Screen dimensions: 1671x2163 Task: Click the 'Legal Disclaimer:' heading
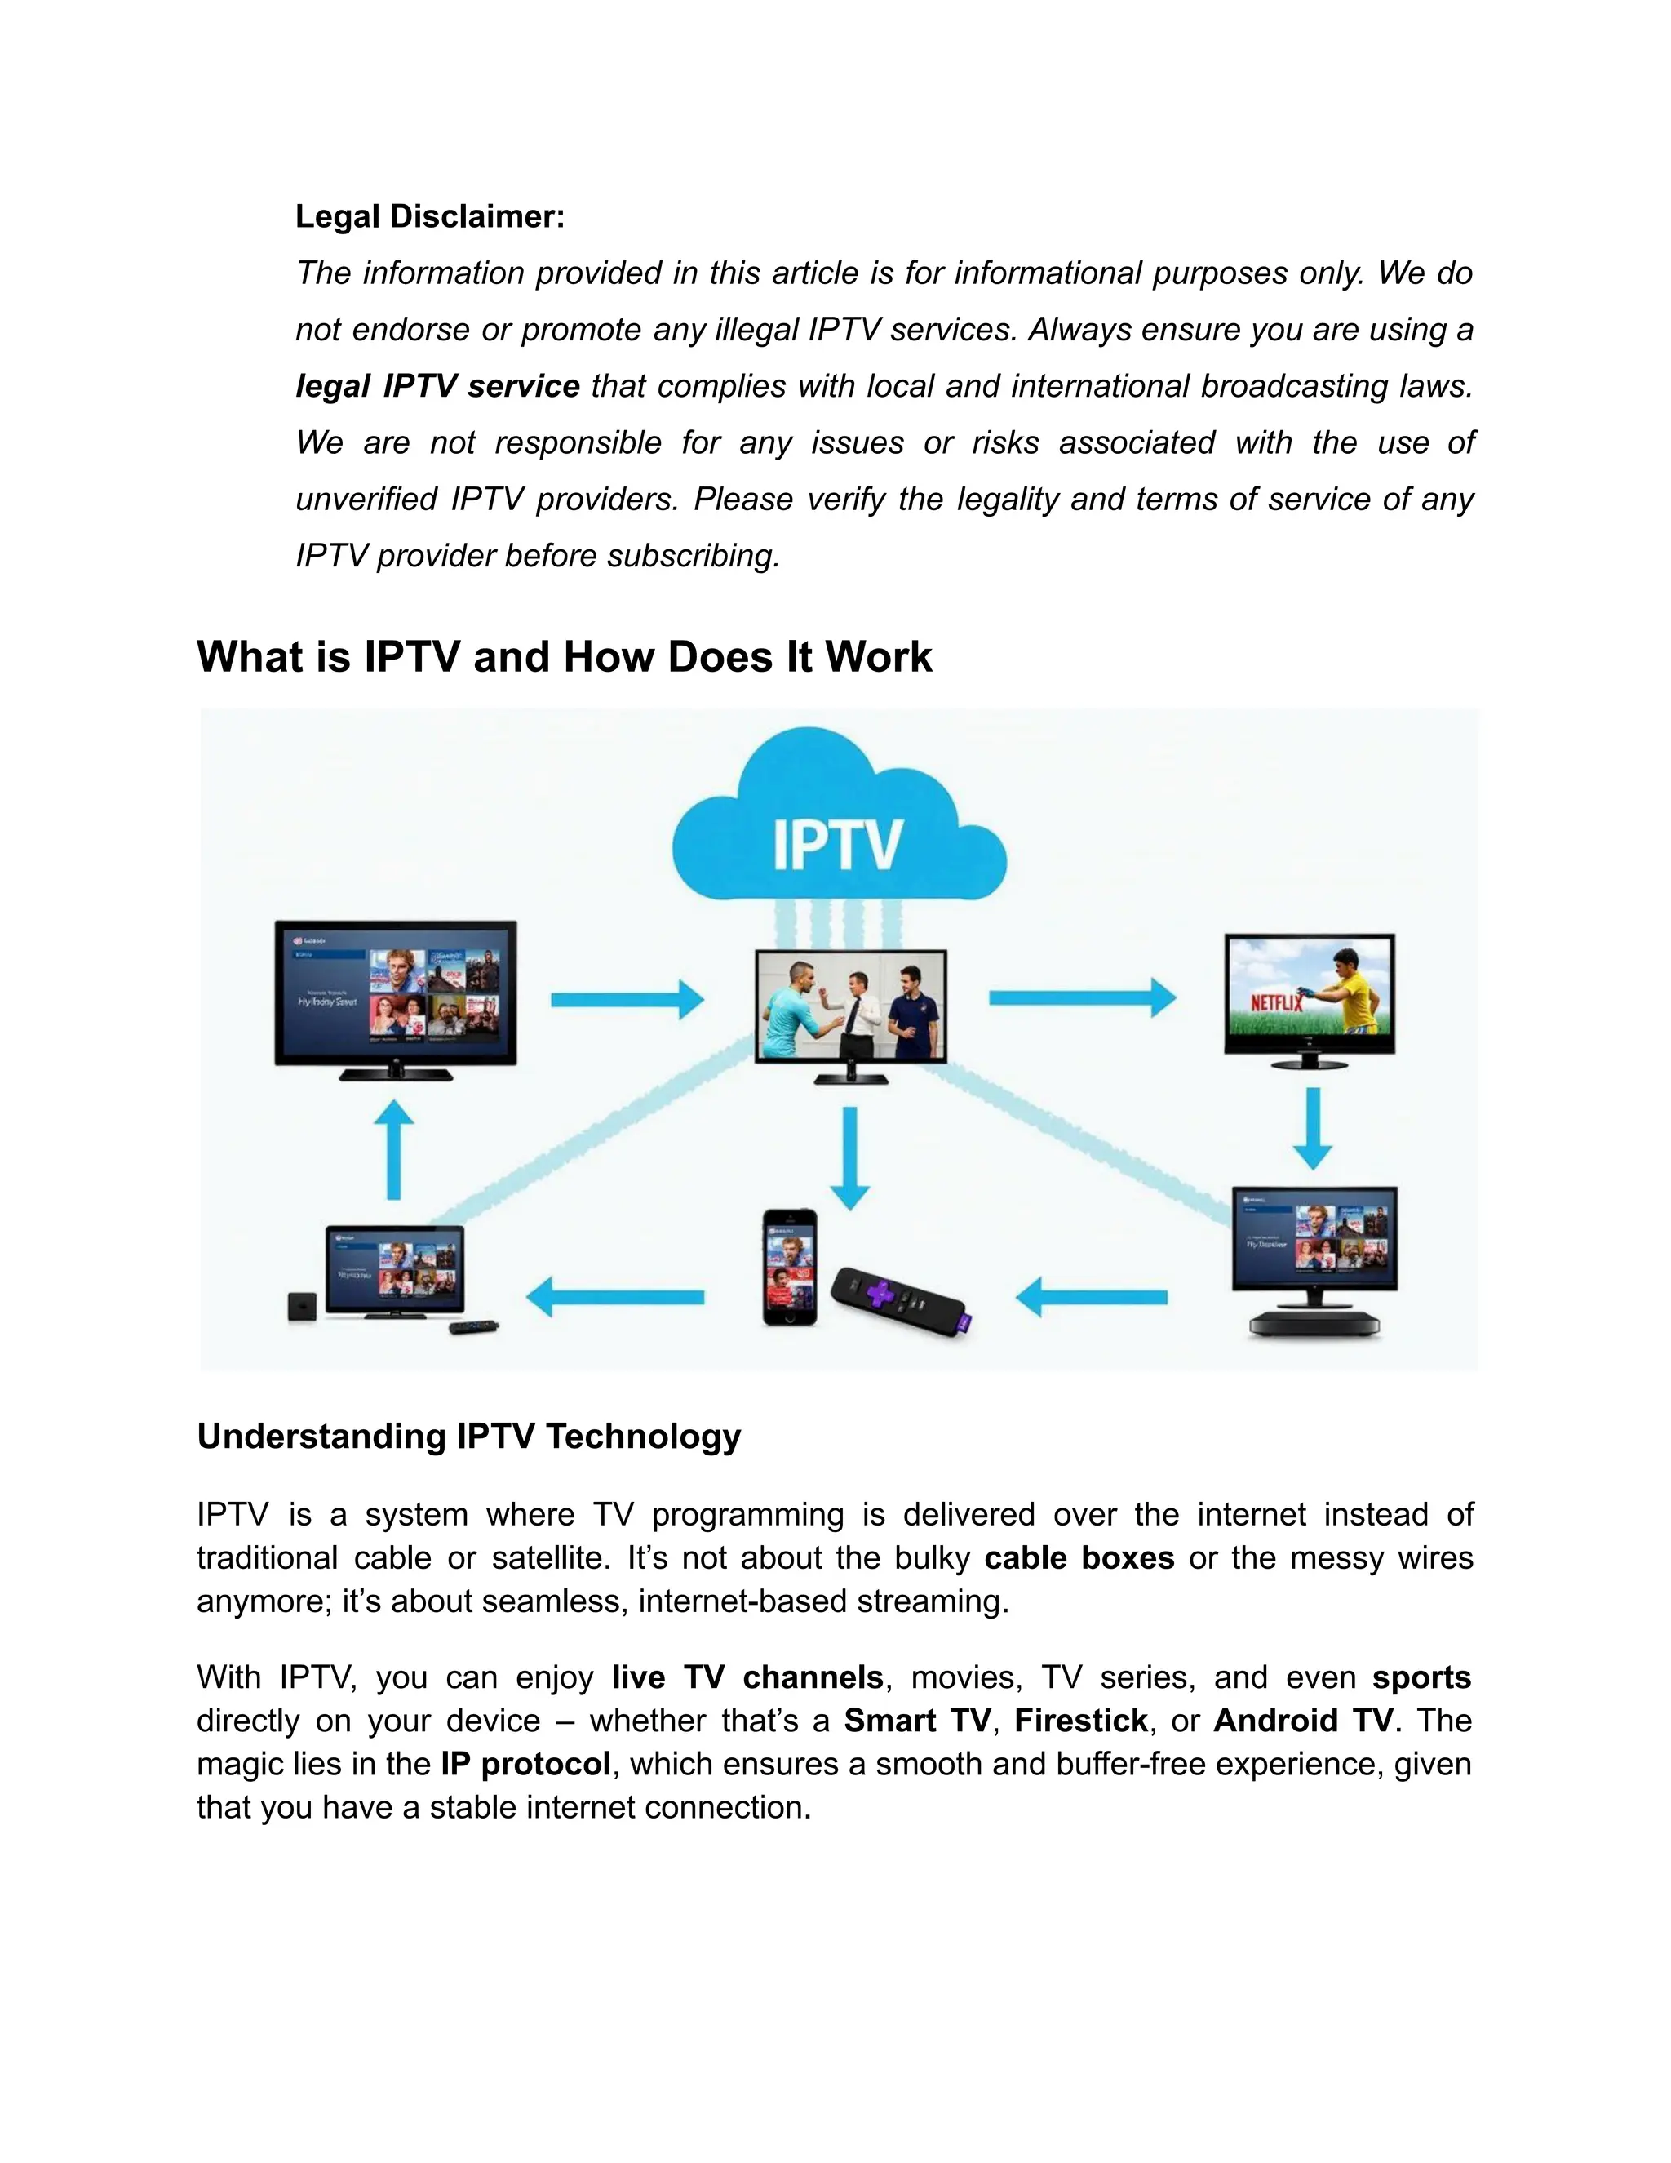tap(430, 216)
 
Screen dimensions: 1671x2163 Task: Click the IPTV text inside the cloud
tap(836, 845)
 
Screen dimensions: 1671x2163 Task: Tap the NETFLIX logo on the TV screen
tap(1276, 1003)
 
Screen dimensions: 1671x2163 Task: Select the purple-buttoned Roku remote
tap(902, 1299)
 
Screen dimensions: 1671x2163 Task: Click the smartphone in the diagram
tap(790, 1267)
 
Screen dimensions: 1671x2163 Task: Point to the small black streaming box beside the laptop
tap(302, 1306)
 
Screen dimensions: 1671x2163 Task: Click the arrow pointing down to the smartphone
tap(849, 1157)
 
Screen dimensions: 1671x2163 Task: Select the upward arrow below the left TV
tap(394, 1149)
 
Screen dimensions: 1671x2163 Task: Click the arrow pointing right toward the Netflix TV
tap(1081, 997)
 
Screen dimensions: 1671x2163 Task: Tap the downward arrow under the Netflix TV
tap(1313, 1128)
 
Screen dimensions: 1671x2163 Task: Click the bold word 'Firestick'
tap(1080, 1721)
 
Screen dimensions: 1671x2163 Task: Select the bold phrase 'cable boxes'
tap(1078, 1558)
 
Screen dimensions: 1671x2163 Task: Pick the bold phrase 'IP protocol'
tap(525, 1764)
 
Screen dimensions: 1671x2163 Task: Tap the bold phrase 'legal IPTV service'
tap(437, 385)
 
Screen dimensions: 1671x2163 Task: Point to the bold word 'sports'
tap(1421, 1677)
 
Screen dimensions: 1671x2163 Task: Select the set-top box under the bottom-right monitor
tap(1314, 1323)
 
